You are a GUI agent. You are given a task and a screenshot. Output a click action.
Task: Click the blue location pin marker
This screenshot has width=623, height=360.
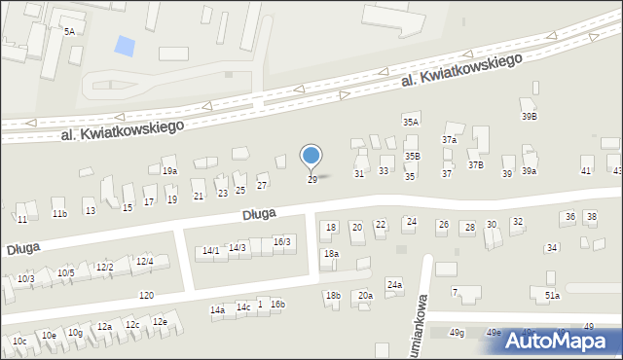pos(311,156)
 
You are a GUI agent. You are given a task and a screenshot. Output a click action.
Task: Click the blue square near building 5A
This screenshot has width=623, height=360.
pos(125,45)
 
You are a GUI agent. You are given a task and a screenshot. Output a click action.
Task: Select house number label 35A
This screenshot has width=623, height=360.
pos(411,122)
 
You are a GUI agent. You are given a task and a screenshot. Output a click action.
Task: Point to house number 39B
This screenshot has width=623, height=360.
pos(529,117)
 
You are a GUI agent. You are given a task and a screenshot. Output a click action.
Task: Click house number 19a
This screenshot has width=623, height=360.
pos(170,171)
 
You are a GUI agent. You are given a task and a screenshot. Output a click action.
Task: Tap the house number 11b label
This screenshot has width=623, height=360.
pos(59,214)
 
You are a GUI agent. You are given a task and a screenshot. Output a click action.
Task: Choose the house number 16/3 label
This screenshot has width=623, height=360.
pos(281,241)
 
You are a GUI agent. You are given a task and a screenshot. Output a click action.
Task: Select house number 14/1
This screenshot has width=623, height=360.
pos(210,251)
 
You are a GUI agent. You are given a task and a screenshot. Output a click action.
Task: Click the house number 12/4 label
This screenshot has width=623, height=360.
pos(145,261)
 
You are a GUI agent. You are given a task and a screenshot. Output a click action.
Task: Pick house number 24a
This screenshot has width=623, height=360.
pos(394,285)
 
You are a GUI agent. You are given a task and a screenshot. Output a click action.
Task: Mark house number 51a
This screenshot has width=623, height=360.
pos(552,295)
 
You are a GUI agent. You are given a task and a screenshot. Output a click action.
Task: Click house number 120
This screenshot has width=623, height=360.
pos(146,295)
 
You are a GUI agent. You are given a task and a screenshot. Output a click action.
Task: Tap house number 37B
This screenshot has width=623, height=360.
pos(475,165)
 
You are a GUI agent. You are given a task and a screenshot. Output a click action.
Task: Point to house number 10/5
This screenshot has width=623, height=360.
pos(65,273)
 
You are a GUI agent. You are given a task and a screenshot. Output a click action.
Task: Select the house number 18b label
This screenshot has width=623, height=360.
pos(333,296)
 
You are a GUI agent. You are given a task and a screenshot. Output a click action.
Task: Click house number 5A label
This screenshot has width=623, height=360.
pos(69,32)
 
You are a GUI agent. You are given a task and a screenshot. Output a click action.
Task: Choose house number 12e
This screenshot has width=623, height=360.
pos(160,322)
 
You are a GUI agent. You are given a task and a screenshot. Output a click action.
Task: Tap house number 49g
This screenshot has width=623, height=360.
pos(457,333)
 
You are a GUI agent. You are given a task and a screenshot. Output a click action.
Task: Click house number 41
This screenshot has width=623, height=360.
pos(585,171)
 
